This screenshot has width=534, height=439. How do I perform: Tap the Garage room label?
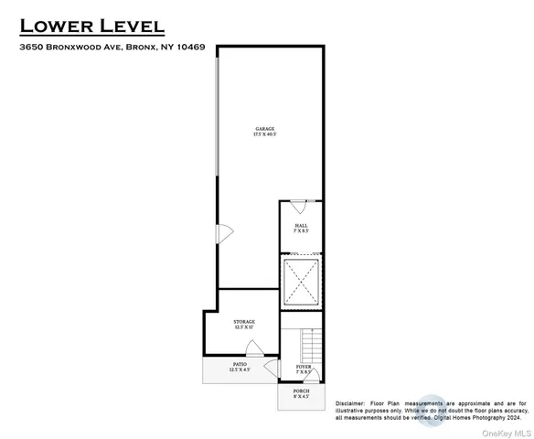[x=265, y=129]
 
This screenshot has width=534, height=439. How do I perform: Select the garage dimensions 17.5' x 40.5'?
[x=265, y=135]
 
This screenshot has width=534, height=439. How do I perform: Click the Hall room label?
[x=301, y=225]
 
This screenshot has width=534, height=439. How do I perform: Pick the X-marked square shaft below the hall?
[x=302, y=282]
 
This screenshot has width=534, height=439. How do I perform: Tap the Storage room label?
[x=243, y=322]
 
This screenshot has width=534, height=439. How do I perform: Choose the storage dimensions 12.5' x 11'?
[x=243, y=328]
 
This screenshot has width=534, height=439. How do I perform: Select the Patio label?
[x=240, y=363]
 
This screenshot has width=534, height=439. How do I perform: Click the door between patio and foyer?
[x=272, y=368]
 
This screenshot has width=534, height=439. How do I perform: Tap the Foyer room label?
[x=304, y=367]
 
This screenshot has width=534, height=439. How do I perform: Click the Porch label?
[x=301, y=391]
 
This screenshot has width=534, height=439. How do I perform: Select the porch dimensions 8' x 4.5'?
[x=301, y=398]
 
